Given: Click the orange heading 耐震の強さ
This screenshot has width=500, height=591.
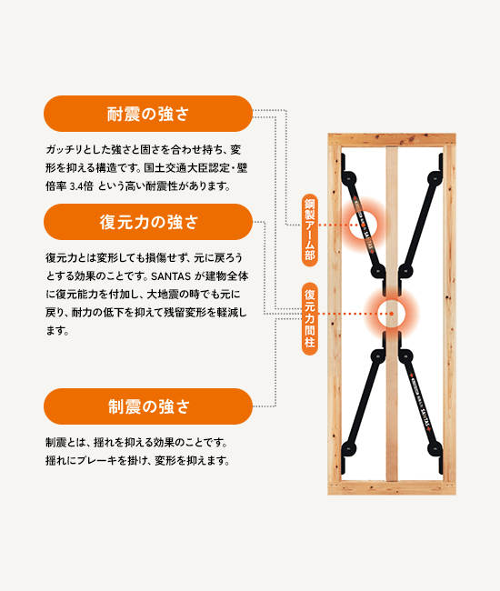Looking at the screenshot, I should coord(147,115).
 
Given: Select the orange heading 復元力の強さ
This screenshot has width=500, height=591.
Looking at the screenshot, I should coord(147,222).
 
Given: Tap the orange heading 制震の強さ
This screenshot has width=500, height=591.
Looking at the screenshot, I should coord(147,406).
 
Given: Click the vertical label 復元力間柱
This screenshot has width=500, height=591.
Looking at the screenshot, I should coord(309,318).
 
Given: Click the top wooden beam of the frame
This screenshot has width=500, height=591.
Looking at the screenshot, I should coord(391,141).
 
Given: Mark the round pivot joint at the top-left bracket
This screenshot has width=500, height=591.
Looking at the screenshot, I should coord(350,178).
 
